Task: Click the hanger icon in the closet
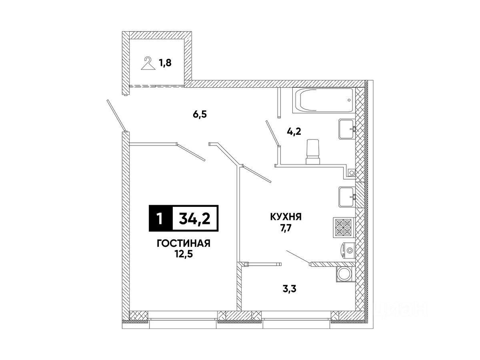tap(148, 64)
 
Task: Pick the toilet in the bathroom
tap(313, 152)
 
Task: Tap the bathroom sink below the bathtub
tap(347, 129)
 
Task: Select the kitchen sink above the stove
tap(347, 196)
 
